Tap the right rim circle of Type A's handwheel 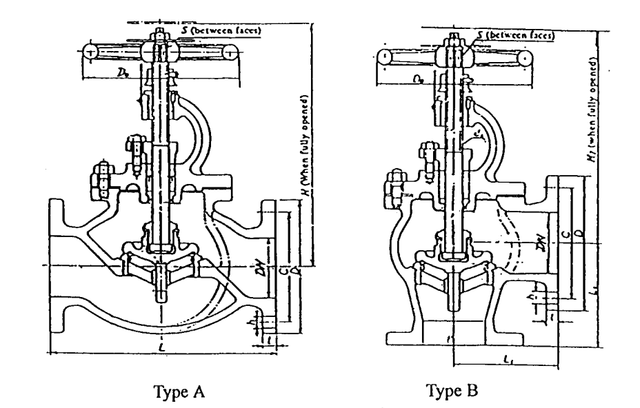pyautogui.click(x=229, y=52)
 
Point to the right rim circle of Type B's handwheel pyautogui.click(x=526, y=59)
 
